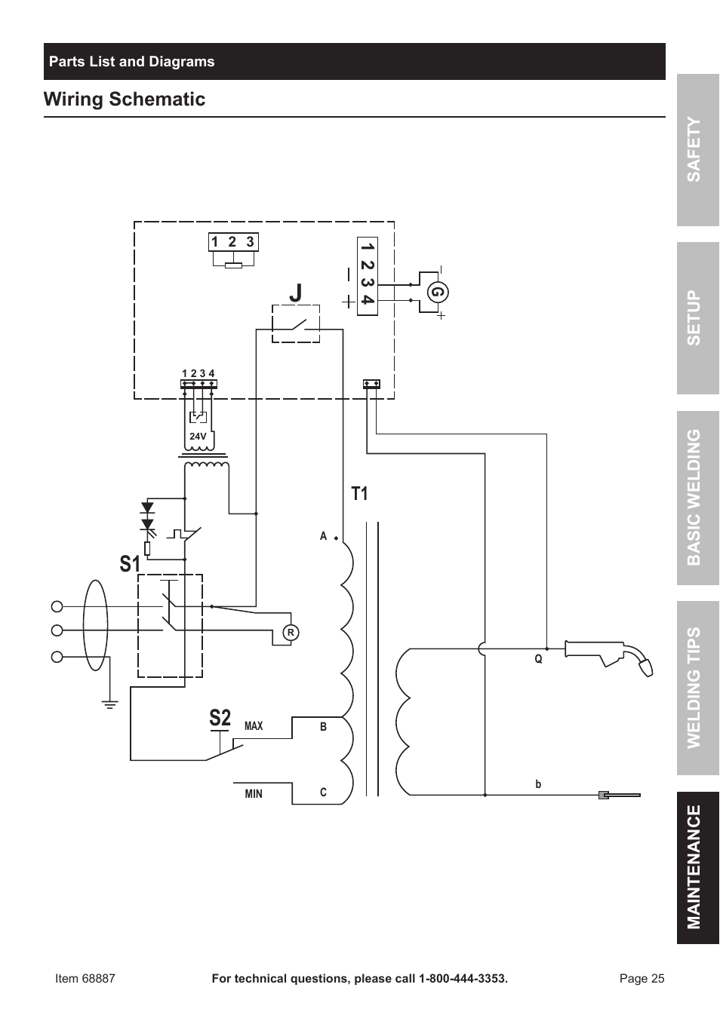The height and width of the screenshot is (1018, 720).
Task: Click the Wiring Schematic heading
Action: pyautogui.click(x=125, y=100)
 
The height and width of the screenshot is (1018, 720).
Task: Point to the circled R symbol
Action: pyautogui.click(x=290, y=633)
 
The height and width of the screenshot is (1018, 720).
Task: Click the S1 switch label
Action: pyautogui.click(x=130, y=563)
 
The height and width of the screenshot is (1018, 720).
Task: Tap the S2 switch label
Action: pyautogui.click(x=220, y=718)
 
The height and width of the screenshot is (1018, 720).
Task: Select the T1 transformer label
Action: pyautogui.click(x=359, y=494)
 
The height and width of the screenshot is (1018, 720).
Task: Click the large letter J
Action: pyautogui.click(x=295, y=292)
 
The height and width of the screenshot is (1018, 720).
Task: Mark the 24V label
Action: pyautogui.click(x=198, y=437)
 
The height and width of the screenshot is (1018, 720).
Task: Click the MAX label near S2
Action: pyautogui.click(x=254, y=726)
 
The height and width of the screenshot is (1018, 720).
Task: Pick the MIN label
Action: pyautogui.click(x=254, y=794)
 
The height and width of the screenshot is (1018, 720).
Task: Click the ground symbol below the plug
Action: pyautogui.click(x=110, y=705)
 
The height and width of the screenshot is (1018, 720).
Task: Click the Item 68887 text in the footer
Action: pyautogui.click(x=85, y=979)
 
